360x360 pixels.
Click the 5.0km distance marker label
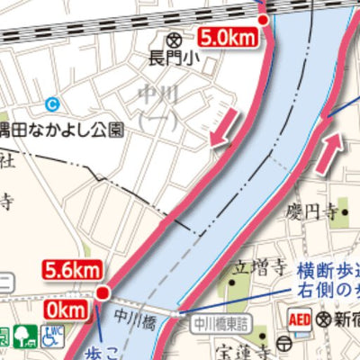tap(229, 38)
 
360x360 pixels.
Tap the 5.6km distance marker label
tap(72, 269)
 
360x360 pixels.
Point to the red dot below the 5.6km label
tap(103, 292)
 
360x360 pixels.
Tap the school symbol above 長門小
tap(174, 40)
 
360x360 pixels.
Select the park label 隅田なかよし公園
tap(62, 129)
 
